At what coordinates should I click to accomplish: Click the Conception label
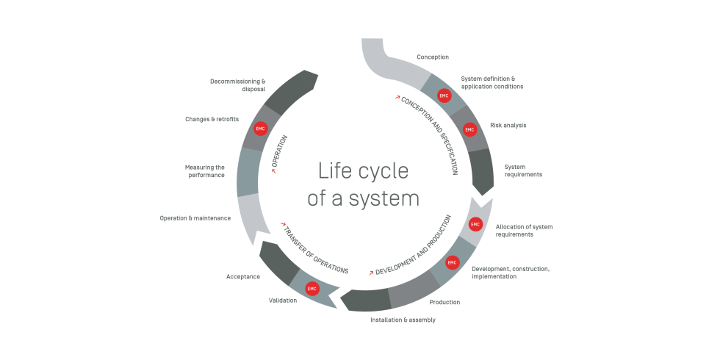432,57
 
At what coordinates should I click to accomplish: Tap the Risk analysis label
508,125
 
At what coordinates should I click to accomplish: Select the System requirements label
523,170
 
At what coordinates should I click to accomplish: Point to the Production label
444,302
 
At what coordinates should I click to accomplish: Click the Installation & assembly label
403,320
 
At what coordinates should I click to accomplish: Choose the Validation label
283,300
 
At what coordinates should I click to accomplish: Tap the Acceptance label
243,276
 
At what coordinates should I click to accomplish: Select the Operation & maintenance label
195,218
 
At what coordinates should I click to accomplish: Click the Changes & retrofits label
212,119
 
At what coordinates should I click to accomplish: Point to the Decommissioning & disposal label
237,85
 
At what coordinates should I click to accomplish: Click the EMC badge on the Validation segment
312,289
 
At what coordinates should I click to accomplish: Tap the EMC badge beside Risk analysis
470,129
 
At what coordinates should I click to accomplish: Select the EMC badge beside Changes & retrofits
260,128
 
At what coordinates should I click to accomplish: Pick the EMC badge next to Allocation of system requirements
475,224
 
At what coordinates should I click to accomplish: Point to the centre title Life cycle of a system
363,184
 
